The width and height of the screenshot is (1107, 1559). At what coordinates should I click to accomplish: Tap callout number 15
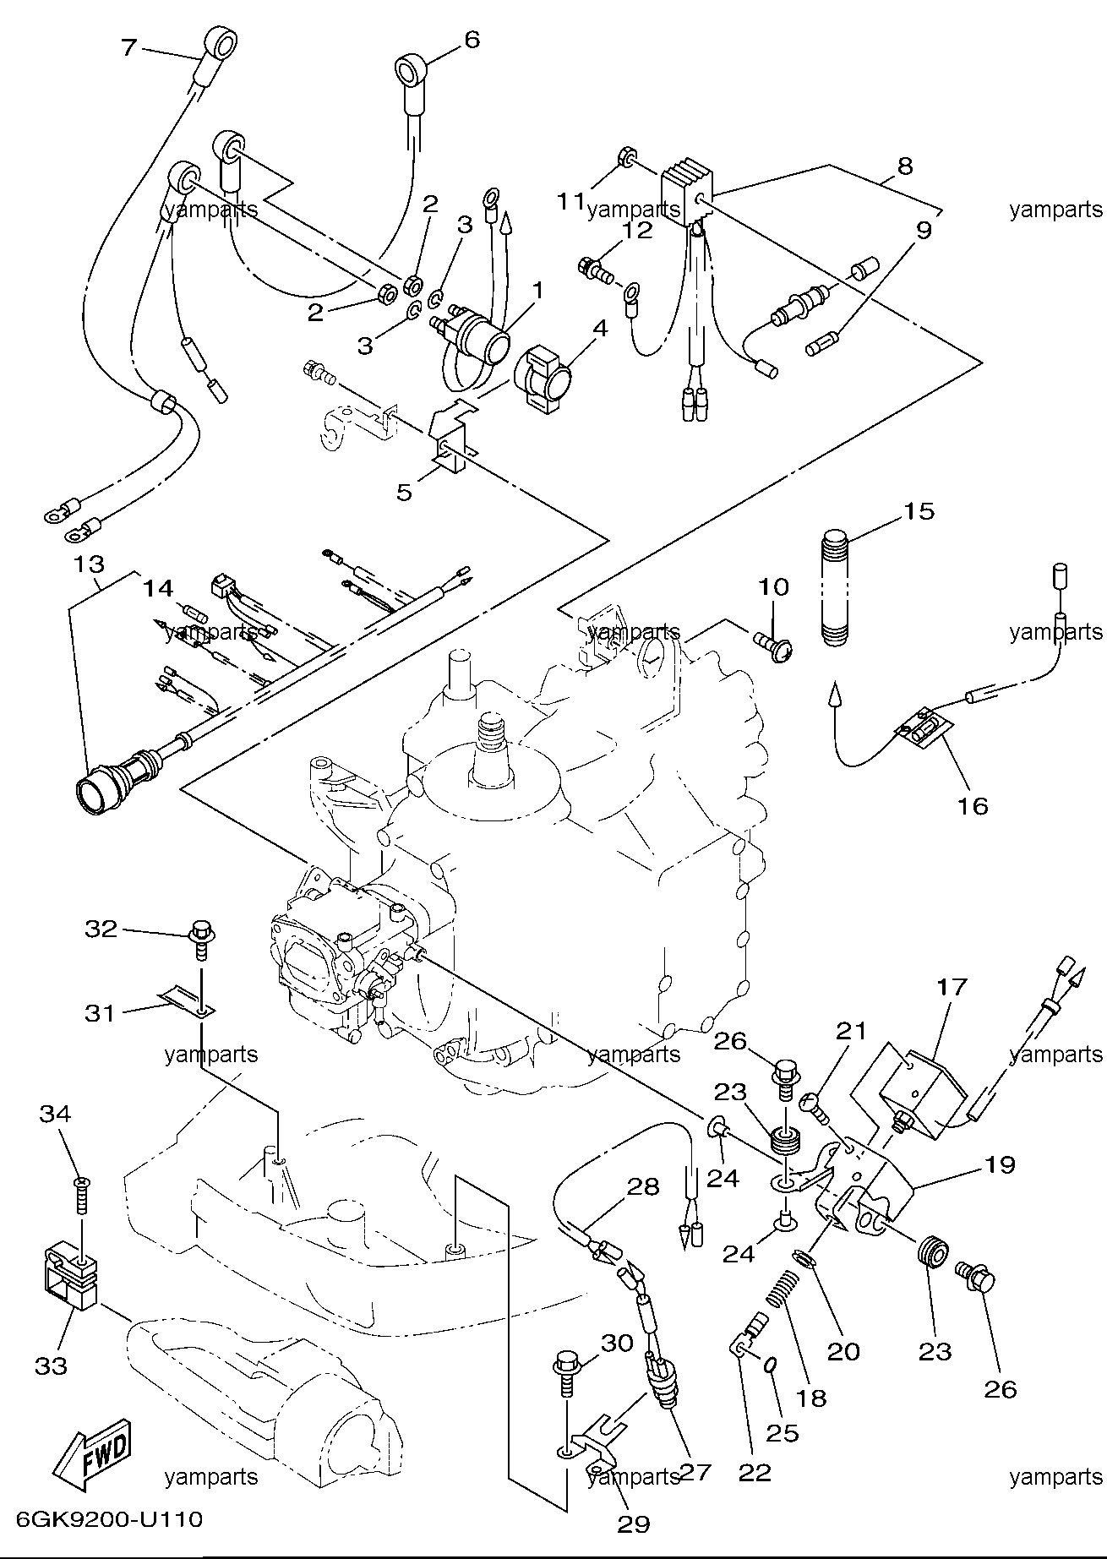[x=919, y=511]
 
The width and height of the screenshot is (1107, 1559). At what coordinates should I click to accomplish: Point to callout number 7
[x=128, y=47]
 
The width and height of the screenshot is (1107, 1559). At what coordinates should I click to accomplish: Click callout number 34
[x=55, y=1114]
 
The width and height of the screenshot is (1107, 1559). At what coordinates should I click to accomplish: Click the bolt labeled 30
[x=567, y=1377]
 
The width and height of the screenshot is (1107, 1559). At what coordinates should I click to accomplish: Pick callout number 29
[x=634, y=1524]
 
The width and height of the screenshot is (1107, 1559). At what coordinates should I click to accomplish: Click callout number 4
[x=599, y=327]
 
